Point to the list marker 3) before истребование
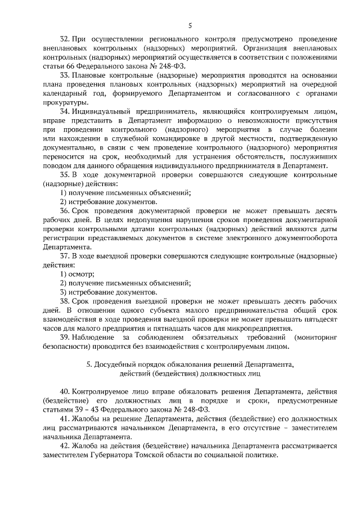click(64, 292)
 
